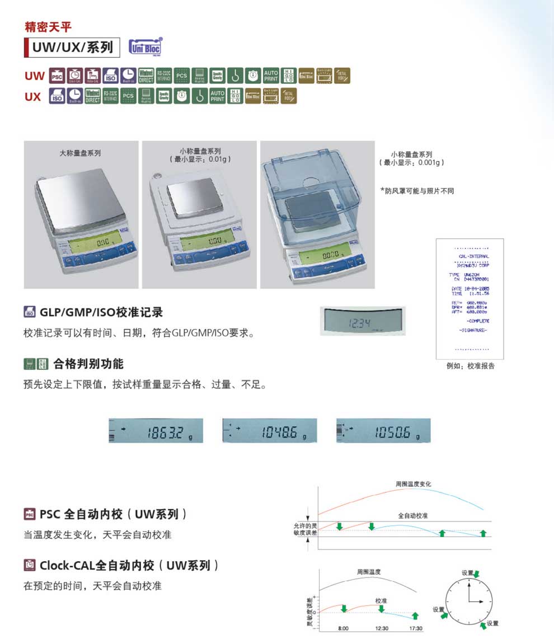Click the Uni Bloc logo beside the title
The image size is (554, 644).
click(145, 47)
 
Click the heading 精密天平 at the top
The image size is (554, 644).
click(48, 26)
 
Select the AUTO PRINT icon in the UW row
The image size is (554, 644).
click(271, 76)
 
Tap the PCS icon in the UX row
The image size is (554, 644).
click(129, 96)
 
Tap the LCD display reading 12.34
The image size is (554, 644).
click(363, 321)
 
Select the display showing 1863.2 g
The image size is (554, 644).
click(156, 430)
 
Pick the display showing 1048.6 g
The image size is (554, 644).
click(270, 430)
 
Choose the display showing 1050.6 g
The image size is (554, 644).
click(383, 430)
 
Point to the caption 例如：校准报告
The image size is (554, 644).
click(470, 366)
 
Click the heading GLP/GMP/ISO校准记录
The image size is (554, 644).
click(101, 312)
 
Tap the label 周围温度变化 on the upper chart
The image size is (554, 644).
click(413, 483)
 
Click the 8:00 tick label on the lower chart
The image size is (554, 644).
click(343, 628)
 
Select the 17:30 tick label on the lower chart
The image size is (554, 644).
click(415, 628)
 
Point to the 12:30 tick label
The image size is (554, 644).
click(382, 628)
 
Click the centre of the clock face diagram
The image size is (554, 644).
click(469, 601)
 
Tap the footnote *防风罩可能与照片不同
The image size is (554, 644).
click(417, 191)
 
